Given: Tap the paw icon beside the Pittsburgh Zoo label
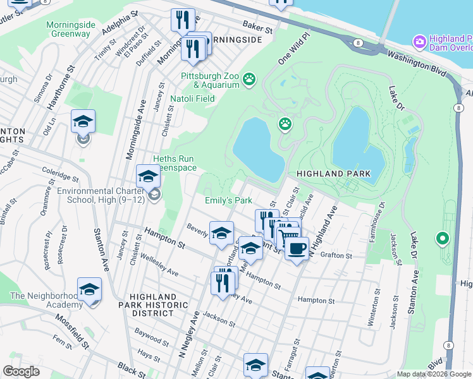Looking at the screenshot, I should [250, 79].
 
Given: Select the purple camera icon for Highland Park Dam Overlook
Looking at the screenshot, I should [419, 42].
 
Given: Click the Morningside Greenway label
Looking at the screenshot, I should [71, 29].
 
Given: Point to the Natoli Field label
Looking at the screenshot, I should [192, 99].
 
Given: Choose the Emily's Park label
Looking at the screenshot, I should [228, 200].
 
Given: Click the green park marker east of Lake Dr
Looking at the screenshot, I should [442, 239].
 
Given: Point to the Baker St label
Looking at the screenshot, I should [258, 27].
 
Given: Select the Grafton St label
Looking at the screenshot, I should [335, 256].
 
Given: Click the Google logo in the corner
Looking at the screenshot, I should [21, 371].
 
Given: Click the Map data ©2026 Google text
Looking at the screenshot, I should [434, 374].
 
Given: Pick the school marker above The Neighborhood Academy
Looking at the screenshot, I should [90, 289].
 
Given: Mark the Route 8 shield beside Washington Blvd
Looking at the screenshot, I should [358, 42].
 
